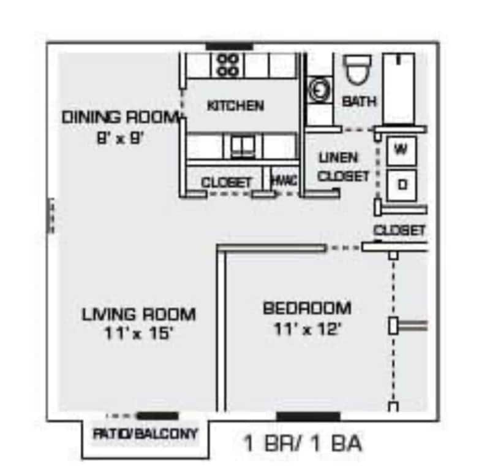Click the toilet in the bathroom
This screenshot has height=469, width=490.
[x=357, y=70]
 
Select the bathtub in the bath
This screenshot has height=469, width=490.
[x=399, y=88]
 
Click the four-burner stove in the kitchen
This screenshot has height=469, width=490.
[x=228, y=65]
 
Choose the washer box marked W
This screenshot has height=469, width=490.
[x=401, y=150]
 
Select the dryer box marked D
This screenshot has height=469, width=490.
[x=401, y=183]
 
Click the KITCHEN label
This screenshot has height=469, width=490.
[x=235, y=105]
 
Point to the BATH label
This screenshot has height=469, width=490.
[x=360, y=101]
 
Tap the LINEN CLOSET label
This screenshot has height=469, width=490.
[x=344, y=167]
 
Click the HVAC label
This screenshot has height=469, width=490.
[x=284, y=181]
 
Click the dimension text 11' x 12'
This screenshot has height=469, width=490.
[x=307, y=329]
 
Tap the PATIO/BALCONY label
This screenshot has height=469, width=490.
[x=146, y=434]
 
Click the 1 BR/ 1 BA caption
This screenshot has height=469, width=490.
[x=302, y=443]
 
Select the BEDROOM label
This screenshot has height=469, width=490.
[x=307, y=308]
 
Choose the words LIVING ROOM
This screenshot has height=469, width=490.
[x=139, y=315]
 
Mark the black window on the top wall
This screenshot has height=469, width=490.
[x=229, y=46]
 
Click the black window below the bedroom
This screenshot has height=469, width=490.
[x=307, y=417]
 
